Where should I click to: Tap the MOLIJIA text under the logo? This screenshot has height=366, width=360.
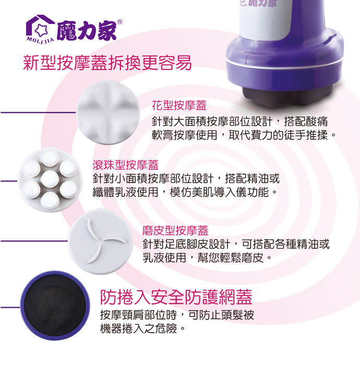pyautogui.click(x=40, y=40)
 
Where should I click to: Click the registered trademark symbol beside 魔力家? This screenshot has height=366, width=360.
pyautogui.click(x=119, y=22)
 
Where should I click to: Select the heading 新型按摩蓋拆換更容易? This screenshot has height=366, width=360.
pyautogui.click(x=107, y=63)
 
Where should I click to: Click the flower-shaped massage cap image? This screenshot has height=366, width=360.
pyautogui.click(x=108, y=112)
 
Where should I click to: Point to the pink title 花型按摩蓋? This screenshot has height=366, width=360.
pyautogui.click(x=179, y=105)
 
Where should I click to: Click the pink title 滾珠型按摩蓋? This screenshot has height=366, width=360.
pyautogui.click(x=126, y=165)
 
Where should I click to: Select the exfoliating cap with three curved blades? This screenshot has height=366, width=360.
pyautogui.click(x=101, y=241)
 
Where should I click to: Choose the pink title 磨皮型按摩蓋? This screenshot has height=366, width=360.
pyautogui.click(x=175, y=230)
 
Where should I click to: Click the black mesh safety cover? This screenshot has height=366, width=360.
pyautogui.click(x=55, y=306)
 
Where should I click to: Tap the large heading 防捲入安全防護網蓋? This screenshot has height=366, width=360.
pyautogui.click(x=176, y=297)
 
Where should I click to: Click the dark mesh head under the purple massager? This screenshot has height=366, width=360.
pyautogui.click(x=288, y=95)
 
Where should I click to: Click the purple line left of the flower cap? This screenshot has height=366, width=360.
pyautogui.click(x=38, y=113)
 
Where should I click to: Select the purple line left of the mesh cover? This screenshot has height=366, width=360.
pyautogui.click(x=10, y=307)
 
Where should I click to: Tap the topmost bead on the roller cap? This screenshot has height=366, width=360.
pyautogui.click(x=49, y=158)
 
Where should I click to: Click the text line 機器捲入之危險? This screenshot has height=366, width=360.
pyautogui.click(x=142, y=328)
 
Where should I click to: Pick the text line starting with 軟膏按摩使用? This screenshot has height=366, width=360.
pyautogui.click(x=244, y=135)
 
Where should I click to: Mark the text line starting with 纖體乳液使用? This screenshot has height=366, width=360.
pyautogui.click(x=185, y=192)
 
